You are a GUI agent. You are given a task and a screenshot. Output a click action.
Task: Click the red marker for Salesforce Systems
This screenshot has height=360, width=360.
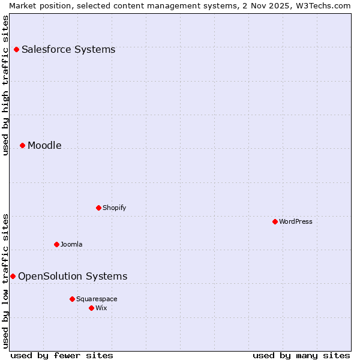(16, 50)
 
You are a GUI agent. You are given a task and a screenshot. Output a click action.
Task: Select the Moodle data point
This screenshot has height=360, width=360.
(22, 146)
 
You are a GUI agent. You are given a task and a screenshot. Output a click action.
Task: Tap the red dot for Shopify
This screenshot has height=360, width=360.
(98, 208)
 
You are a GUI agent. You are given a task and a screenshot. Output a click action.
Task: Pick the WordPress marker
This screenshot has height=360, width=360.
(275, 222)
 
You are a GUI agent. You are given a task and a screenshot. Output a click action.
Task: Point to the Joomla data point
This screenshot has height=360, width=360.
(56, 245)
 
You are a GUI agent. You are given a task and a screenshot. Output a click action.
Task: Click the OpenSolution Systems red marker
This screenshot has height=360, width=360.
(13, 277)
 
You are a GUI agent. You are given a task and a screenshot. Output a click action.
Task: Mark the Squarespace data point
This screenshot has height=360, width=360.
(72, 299)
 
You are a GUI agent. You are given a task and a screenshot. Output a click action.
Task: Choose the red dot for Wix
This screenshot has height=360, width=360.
(91, 308)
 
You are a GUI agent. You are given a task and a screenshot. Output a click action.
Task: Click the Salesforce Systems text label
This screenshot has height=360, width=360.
(68, 50)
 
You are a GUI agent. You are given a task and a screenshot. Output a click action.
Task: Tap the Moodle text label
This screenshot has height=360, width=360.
(44, 146)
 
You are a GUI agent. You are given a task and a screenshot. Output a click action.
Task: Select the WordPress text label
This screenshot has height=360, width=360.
(296, 222)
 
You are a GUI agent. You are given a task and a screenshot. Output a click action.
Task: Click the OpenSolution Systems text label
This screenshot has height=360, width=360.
(73, 277)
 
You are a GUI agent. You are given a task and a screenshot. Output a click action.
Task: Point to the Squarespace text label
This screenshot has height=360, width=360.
(97, 299)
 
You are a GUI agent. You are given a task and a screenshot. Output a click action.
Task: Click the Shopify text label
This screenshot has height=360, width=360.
(114, 208)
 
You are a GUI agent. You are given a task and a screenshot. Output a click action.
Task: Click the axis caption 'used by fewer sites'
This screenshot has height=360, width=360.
(62, 356)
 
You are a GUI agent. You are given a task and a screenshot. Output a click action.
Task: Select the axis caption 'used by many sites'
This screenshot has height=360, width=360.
(301, 356)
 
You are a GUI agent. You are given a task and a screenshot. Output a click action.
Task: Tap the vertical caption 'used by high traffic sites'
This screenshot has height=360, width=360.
(6, 85)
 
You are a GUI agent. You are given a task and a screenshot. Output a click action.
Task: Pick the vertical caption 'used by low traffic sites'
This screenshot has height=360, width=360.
(6, 281)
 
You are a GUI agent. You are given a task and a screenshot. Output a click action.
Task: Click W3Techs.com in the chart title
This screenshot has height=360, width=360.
(322, 5)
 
